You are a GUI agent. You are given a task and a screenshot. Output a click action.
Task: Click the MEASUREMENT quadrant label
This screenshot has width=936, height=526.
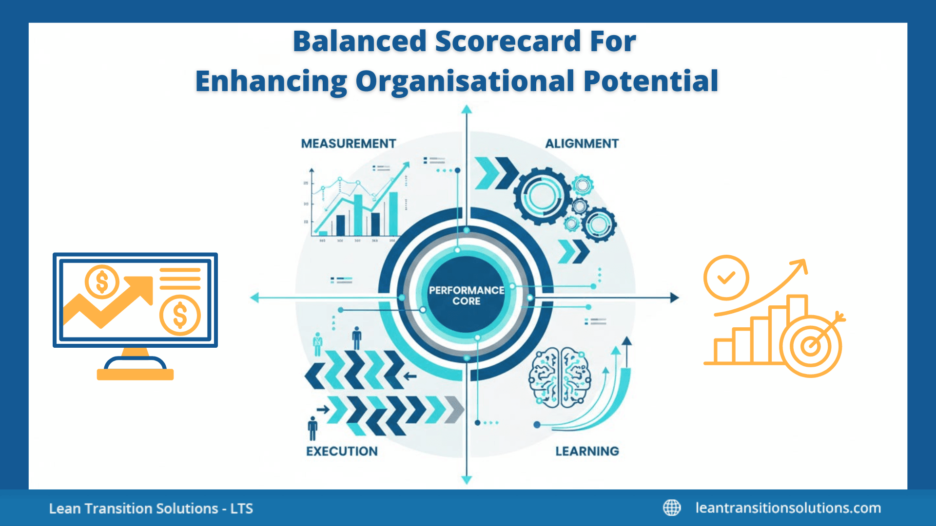click(348, 144)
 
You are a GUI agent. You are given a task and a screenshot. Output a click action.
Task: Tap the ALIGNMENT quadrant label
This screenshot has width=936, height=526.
click(582, 144)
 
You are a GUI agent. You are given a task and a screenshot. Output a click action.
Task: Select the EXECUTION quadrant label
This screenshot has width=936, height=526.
click(342, 451)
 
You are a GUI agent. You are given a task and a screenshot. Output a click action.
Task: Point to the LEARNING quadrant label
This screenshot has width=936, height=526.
click(587, 451)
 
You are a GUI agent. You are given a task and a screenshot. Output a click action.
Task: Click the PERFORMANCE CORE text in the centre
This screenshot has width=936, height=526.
click(467, 296)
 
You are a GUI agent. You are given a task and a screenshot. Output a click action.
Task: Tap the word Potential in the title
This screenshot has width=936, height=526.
click(651, 81)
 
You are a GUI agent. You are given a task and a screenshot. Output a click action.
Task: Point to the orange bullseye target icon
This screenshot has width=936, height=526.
click(811, 346)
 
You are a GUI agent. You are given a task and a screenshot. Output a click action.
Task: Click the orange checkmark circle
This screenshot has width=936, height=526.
click(726, 278)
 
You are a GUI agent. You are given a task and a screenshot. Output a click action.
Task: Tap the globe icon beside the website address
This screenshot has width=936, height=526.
click(672, 507)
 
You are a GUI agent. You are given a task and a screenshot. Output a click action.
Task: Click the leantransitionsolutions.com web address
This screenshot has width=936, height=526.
click(788, 508)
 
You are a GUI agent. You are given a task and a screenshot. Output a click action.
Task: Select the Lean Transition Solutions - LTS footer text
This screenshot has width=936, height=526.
click(151, 508)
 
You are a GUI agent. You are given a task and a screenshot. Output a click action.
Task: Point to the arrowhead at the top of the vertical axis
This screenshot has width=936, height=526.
click(467, 110)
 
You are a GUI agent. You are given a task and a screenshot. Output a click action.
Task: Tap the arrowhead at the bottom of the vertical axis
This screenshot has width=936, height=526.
click(467, 480)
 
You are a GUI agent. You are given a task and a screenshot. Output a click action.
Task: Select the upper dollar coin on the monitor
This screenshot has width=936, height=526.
click(102, 282)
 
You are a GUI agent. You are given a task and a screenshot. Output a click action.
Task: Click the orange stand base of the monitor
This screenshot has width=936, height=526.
click(135, 374)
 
